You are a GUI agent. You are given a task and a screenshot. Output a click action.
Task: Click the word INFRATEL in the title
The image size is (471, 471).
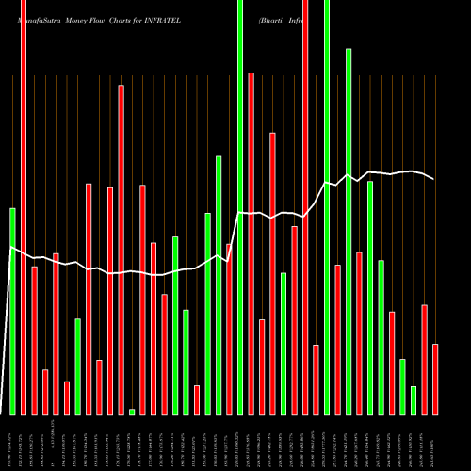pos(162,19)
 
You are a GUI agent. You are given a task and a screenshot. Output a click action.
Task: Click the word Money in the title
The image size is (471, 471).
pos(77,19)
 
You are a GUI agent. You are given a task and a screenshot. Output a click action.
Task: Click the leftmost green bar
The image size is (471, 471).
pos(12,311)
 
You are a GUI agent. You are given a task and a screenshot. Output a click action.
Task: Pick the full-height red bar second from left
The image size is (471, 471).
pos(24,207)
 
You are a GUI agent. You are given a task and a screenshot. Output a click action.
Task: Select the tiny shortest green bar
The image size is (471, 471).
pos(132,412)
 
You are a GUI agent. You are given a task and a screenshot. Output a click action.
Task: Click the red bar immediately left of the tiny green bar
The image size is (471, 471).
pos(121,250)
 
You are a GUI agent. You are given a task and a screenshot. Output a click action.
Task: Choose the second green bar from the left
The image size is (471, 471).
pos(77,366)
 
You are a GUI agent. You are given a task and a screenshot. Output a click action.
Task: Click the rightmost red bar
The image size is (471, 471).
pos(435,380)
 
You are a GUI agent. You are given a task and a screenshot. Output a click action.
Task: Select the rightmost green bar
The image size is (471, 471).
pos(414,400)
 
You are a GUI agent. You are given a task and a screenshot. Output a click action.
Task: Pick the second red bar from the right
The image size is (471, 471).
pos(424,360)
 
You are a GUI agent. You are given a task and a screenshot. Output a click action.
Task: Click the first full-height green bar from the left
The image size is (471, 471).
pos(240,207)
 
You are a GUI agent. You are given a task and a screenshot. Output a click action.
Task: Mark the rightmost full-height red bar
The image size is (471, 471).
pos(305,207)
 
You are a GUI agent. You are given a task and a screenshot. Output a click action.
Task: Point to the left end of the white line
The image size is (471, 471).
pos(10,248)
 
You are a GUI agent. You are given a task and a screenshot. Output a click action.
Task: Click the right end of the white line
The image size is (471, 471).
pos(434,179)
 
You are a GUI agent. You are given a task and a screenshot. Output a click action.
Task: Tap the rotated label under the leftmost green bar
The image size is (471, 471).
pos(12,443)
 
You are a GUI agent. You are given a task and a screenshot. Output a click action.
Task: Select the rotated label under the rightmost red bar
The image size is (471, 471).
pos(435,443)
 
